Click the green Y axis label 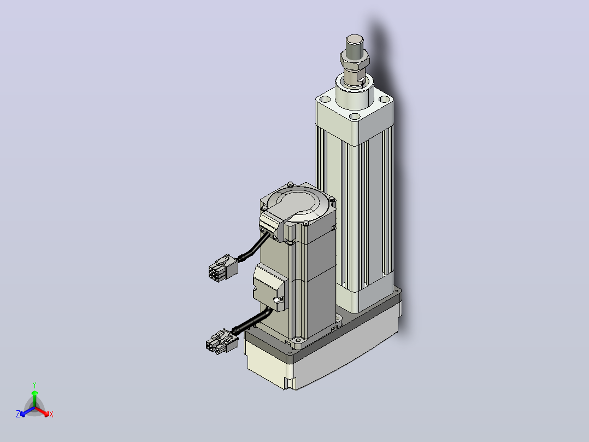pyautogui.click(x=34, y=385)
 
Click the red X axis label pyautogui.click(x=51, y=414)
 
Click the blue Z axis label pyautogui.click(x=18, y=414)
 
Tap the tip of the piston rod pyautogui.click(x=355, y=39)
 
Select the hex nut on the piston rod pyautogui.click(x=355, y=61)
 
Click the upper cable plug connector pyautogui.click(x=223, y=267)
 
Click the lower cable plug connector pyautogui.click(x=222, y=341)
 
